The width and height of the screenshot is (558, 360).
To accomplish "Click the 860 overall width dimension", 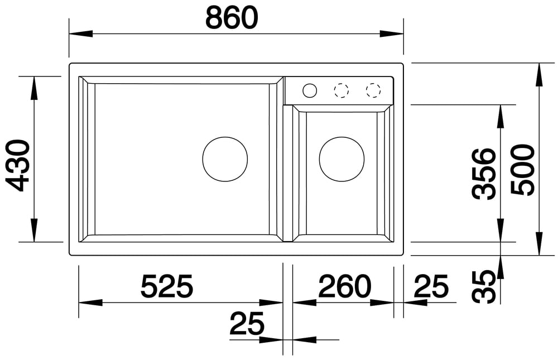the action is pyautogui.click(x=232, y=18).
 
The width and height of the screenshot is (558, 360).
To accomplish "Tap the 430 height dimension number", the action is pyautogui.click(x=18, y=166).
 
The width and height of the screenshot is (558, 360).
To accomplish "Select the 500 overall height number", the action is pyautogui.click(x=523, y=170).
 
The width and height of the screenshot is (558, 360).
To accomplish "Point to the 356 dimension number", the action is pyautogui.click(x=484, y=174).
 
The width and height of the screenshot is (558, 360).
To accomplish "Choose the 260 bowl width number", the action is pyautogui.click(x=344, y=286).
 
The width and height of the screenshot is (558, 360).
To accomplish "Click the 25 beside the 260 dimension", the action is pyautogui.click(x=431, y=286).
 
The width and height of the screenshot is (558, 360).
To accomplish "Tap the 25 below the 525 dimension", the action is pyautogui.click(x=247, y=323).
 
